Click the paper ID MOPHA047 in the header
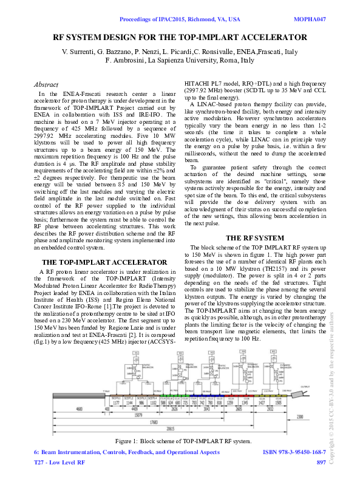[x=310, y=19]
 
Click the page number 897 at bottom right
[x=321, y=463]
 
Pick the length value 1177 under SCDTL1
[x=116, y=402]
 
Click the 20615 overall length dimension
[x=172, y=427]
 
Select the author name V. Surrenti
[x=80, y=52]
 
